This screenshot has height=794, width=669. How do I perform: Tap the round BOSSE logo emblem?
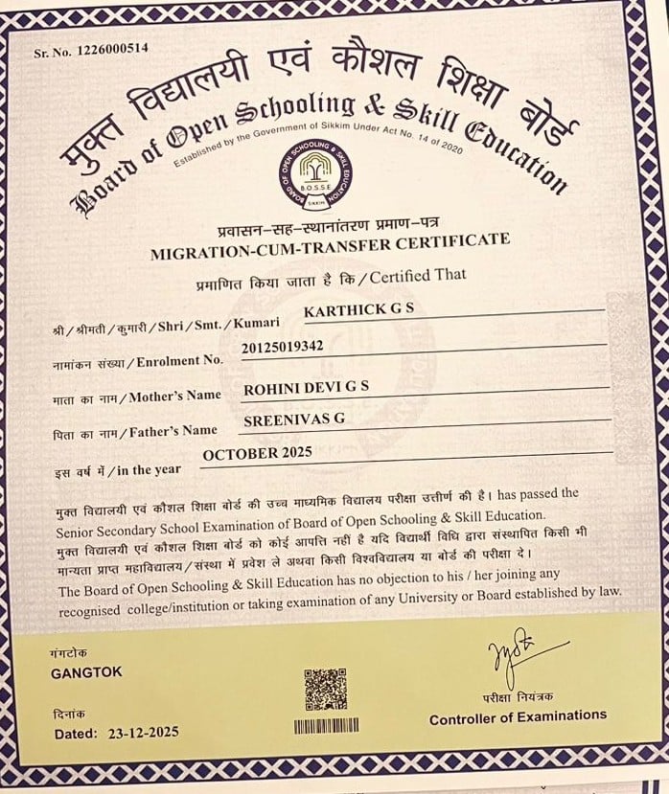pyautogui.click(x=311, y=173)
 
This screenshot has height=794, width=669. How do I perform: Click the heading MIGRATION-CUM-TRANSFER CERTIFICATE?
pyautogui.click(x=331, y=247)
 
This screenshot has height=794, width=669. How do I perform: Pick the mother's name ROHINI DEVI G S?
pyautogui.click(x=306, y=388)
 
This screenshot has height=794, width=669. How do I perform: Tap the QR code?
pyautogui.click(x=325, y=690)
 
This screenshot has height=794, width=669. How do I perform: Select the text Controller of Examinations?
pyautogui.click(x=518, y=715)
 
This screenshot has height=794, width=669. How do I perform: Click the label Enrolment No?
pyautogui.click(x=179, y=362)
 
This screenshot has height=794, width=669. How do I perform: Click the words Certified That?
pyautogui.click(x=419, y=277)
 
